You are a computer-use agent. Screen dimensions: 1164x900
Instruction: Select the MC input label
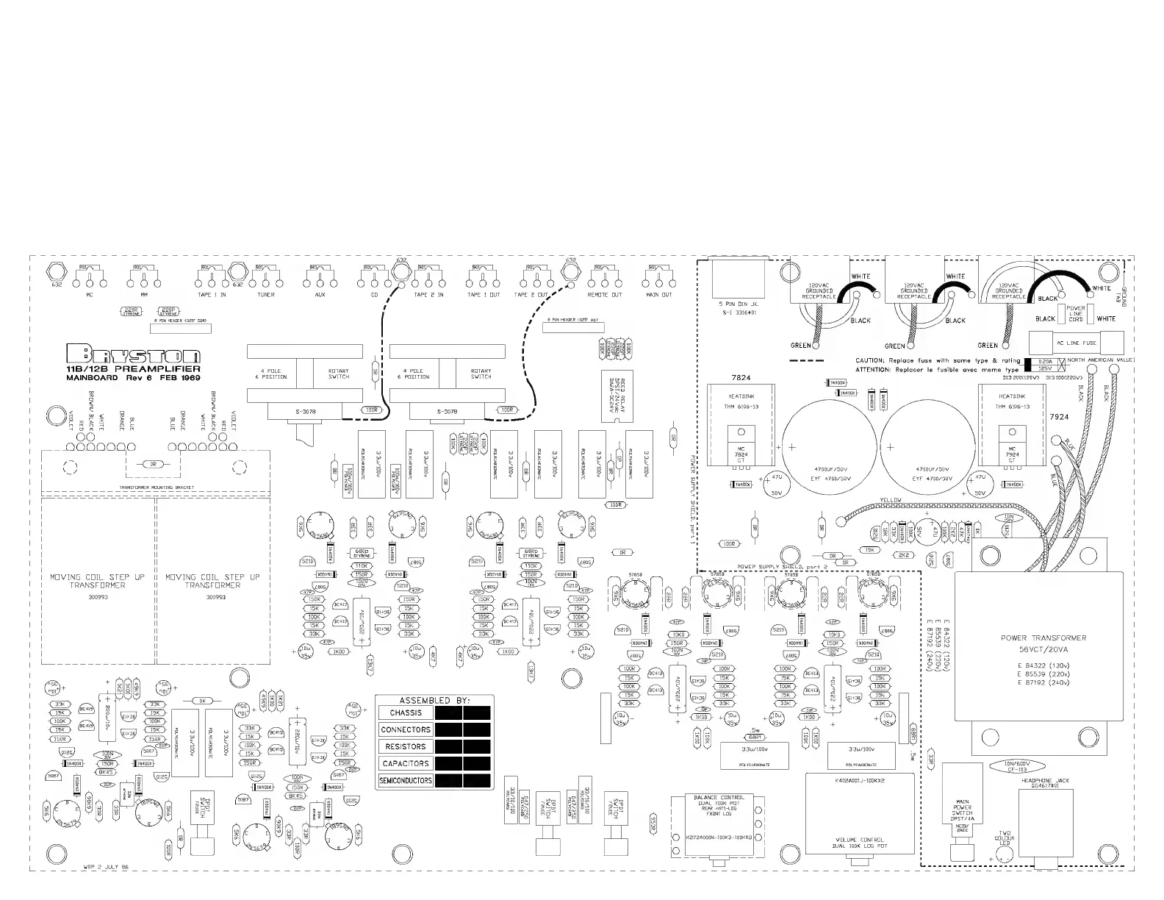click(90, 295)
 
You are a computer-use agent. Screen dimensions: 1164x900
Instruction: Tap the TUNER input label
click(266, 295)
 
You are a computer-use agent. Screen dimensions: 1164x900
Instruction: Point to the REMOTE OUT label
click(605, 295)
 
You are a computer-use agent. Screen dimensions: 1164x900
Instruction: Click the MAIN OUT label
click(658, 295)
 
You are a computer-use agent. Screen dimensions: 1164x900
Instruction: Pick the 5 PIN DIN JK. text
click(737, 303)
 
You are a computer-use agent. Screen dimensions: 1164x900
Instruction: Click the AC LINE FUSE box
click(1076, 343)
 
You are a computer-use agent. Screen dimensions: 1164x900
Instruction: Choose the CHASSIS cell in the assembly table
click(406, 713)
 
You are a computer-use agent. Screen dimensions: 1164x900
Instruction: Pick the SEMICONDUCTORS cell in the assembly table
click(406, 780)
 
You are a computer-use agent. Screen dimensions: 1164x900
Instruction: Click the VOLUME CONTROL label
click(861, 840)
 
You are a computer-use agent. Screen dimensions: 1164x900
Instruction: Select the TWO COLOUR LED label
click(1005, 838)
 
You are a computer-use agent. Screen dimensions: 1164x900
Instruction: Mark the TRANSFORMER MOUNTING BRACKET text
click(155, 488)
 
